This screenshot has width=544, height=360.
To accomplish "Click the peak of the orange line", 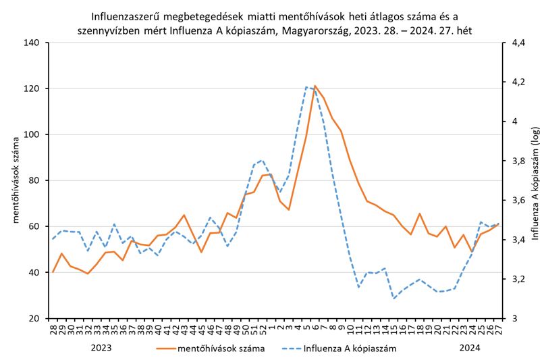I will [315, 86].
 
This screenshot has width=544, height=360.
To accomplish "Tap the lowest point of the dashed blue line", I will [393, 298].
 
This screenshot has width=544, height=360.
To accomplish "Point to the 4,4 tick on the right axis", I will [518, 43].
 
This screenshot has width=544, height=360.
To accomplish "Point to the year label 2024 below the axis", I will [470, 348].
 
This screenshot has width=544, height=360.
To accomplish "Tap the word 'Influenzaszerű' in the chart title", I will [122, 15].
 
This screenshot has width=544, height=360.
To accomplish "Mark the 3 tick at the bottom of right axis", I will [515, 318].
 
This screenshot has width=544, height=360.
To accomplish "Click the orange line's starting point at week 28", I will [53, 272].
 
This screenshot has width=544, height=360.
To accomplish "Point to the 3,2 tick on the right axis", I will [518, 279].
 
